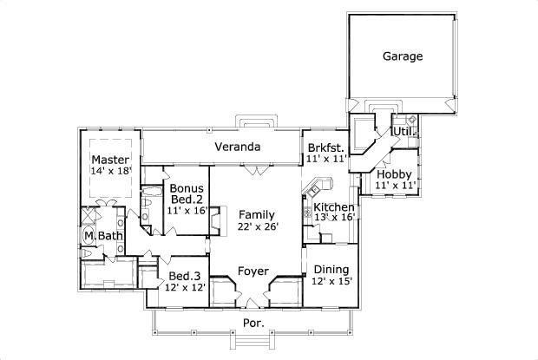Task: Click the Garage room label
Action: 403,57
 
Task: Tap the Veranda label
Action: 238,147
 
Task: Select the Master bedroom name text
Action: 111,160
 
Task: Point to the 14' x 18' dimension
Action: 112,172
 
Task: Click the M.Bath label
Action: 102,236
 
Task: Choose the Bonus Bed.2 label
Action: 187,194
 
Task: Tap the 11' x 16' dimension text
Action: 187,210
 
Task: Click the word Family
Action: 257,214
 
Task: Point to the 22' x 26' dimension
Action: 257,227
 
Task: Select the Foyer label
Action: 253,271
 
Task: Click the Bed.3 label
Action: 185,276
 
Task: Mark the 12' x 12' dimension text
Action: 186,288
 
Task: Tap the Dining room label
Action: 331,269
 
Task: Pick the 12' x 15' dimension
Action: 331,281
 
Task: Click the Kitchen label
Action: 334,206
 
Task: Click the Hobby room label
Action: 393,174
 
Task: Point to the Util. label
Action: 401,131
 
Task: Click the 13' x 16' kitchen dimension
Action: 334,218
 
